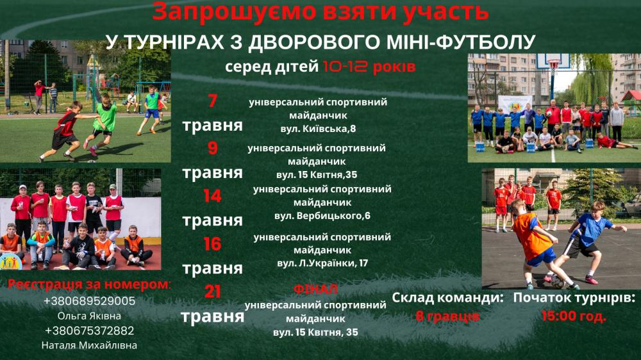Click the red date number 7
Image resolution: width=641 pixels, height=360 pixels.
(212, 101)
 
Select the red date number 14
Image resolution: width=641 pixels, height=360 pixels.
(212, 196)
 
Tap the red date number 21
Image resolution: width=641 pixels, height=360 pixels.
(212, 291)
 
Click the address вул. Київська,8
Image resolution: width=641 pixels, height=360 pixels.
(318, 129)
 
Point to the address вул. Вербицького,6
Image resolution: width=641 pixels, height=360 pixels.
(322, 216)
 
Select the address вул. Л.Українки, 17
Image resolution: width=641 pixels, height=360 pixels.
(322, 263)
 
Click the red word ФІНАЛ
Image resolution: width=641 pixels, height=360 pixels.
(315, 290)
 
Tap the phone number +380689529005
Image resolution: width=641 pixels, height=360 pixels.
(89, 301)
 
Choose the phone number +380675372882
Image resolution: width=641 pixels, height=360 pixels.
(89, 331)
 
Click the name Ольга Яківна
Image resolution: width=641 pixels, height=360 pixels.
(89, 316)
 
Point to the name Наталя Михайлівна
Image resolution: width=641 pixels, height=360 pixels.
(89, 345)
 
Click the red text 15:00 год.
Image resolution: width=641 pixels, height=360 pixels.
(574, 315)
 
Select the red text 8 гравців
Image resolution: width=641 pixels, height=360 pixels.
(447, 316)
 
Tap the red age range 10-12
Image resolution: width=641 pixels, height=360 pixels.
(345, 66)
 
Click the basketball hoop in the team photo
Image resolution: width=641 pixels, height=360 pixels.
(554, 65)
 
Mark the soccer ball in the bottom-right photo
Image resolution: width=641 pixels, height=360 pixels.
(557, 282)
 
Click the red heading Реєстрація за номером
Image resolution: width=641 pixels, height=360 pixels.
(89, 285)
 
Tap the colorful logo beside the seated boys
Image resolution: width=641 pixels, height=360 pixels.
(11, 261)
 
